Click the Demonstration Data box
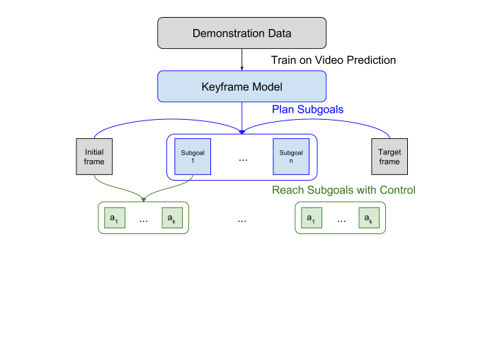[x=241, y=33]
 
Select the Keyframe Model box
[x=241, y=86]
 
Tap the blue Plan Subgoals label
[x=308, y=110]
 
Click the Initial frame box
[x=94, y=157]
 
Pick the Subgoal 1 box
[x=192, y=157]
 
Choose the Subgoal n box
[x=291, y=157]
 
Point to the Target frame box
[x=389, y=157]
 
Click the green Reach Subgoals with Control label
[x=343, y=190]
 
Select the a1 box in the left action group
[x=113, y=219]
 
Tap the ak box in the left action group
[x=172, y=219]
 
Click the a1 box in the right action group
[x=311, y=219]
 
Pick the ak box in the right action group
[x=368, y=219]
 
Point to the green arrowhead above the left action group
[x=143, y=198]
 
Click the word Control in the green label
[x=397, y=190]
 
